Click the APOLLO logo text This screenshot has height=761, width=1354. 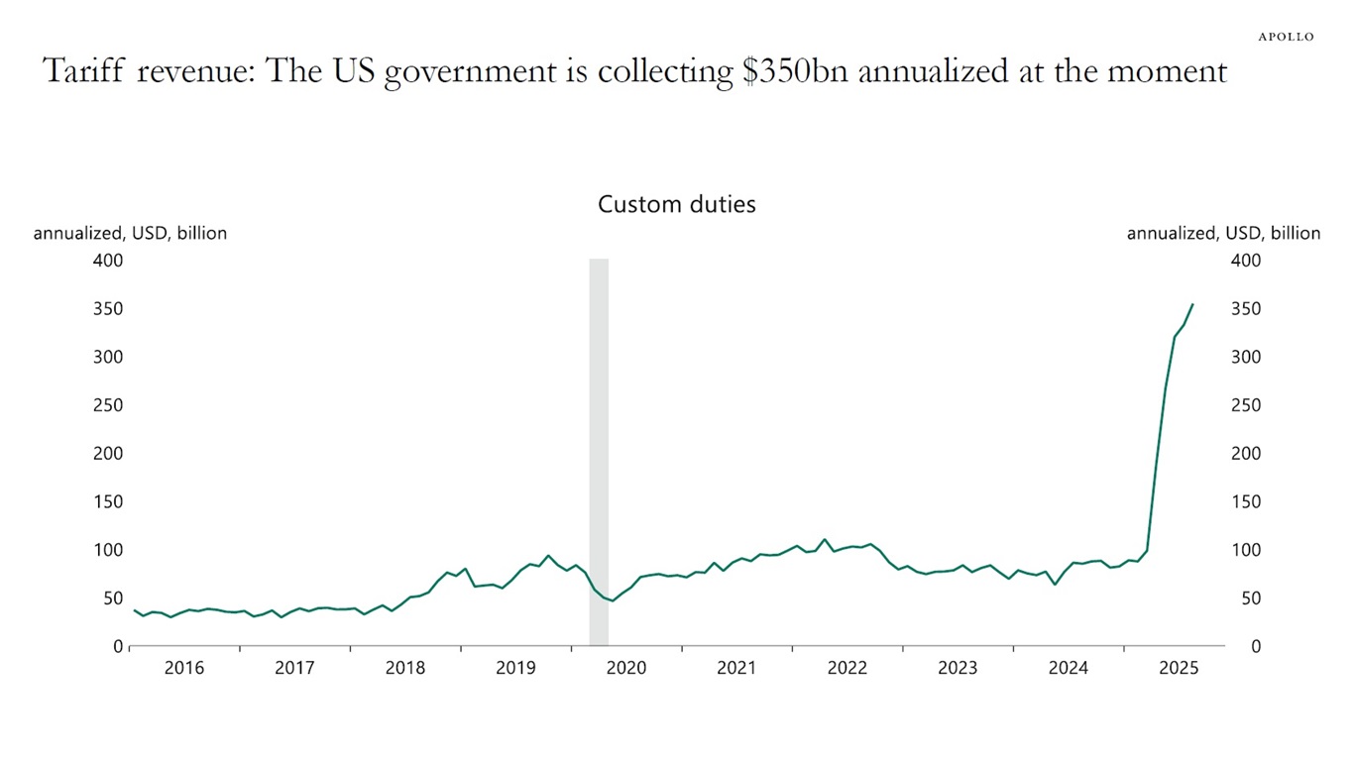coord(1286,37)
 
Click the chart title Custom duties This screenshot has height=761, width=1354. coord(677,204)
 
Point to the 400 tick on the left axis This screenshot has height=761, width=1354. coord(109,261)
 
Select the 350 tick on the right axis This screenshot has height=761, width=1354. coord(1245,309)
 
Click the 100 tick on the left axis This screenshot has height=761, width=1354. coord(109,550)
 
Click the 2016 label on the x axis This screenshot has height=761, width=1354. coord(184,668)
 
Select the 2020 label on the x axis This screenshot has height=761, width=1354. coord(625,668)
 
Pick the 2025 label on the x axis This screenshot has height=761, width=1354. coord(1179,668)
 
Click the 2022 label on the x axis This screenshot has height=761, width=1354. coord(847,668)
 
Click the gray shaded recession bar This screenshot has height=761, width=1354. coord(599,446)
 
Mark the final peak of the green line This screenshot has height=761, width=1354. coord(1192,305)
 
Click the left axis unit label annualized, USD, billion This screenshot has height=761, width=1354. coord(130,234)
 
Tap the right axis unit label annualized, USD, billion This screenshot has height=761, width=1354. coord(1223,234)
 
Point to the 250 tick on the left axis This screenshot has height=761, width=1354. coord(109,405)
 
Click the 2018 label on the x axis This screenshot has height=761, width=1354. coord(404,668)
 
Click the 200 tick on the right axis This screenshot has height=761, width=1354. coord(1245,454)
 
